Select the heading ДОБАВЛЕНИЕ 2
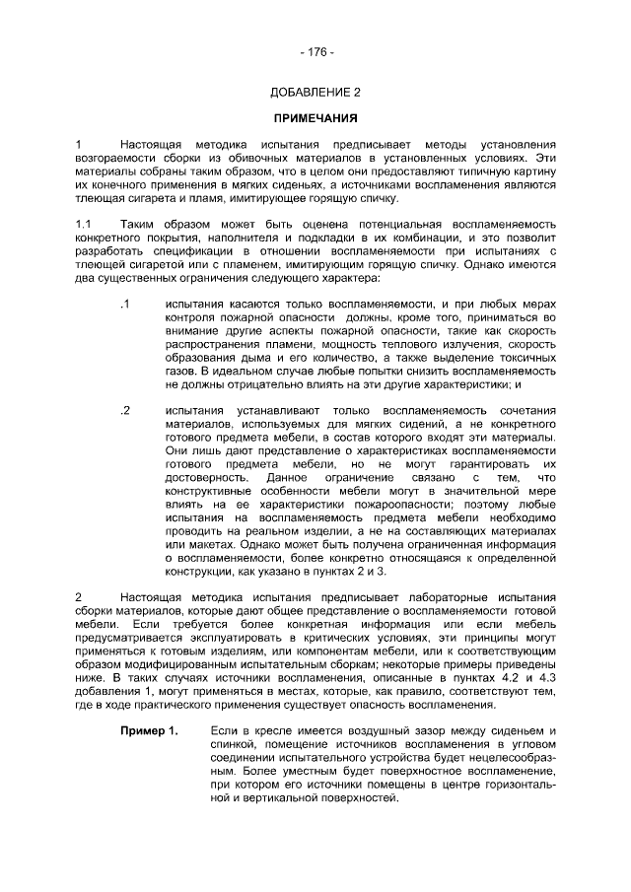pyautogui.click(x=315, y=93)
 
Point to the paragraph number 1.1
pyautogui.click(x=83, y=224)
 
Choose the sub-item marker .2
pyautogui.click(x=123, y=410)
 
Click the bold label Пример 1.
pyautogui.click(x=149, y=730)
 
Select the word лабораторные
pyautogui.click(x=442, y=597)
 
